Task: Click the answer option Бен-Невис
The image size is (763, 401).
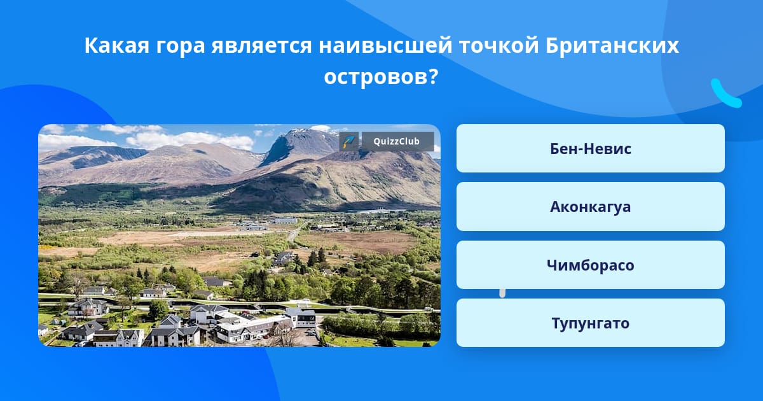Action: [x=590, y=148]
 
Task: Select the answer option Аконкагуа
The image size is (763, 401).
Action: [x=590, y=207]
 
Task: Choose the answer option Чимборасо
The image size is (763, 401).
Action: [x=590, y=265]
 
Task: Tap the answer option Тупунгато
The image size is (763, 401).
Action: [x=590, y=323]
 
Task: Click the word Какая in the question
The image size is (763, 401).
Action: [x=117, y=45]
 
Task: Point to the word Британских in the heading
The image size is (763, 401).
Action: [x=612, y=45]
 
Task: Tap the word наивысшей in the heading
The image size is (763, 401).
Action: [x=385, y=45]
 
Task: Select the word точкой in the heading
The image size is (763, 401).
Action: [x=499, y=45]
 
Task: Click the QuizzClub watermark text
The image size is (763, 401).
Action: [x=397, y=141]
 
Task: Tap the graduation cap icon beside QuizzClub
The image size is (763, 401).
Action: [x=349, y=141]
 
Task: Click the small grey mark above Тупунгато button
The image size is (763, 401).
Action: [x=502, y=293]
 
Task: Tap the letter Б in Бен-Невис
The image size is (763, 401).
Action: [x=555, y=149]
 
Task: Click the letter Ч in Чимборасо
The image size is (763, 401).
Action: [x=552, y=265]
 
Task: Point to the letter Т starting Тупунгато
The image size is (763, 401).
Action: [x=556, y=323]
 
